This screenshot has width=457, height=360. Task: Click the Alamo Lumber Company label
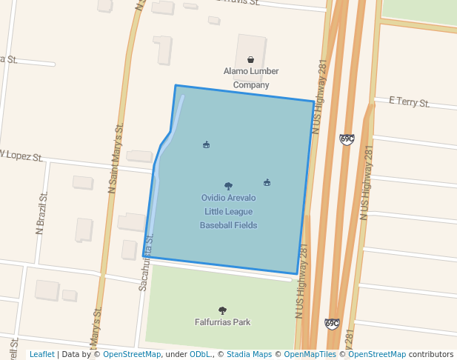(251, 78)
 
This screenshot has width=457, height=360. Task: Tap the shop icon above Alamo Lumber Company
(250, 59)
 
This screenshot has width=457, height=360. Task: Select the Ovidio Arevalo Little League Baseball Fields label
(228, 211)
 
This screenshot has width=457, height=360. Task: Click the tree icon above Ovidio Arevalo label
(228, 186)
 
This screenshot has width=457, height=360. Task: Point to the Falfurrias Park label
(222, 322)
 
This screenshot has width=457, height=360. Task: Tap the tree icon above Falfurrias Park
(222, 310)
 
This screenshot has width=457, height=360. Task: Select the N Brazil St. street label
(42, 213)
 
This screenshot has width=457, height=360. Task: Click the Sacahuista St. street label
(145, 262)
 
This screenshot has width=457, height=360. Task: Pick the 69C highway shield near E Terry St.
(347, 139)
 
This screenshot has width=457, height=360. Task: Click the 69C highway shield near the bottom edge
(332, 324)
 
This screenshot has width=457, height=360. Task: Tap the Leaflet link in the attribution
(41, 354)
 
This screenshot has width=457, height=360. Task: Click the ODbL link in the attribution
(199, 354)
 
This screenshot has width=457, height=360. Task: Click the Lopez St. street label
(22, 156)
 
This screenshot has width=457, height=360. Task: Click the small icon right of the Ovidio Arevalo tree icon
(267, 182)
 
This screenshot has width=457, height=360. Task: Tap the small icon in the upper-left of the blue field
(206, 144)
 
